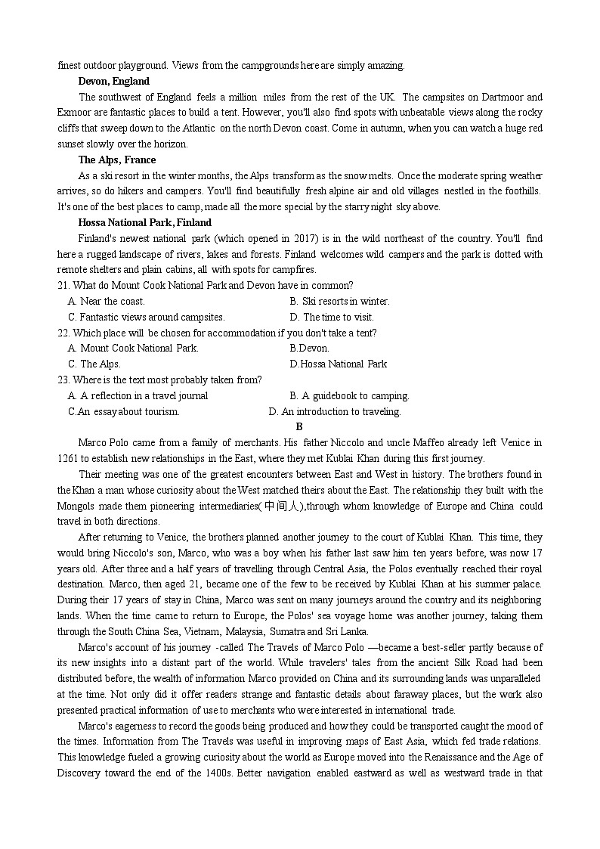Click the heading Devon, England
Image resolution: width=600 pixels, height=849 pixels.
113,81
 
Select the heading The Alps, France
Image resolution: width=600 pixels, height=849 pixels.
117,160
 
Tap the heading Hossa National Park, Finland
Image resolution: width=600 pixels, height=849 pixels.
144,222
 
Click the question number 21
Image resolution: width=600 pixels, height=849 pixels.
63,285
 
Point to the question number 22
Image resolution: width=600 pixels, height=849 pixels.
63,333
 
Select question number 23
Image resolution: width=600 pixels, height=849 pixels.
63,380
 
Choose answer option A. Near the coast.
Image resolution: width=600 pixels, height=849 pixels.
107,301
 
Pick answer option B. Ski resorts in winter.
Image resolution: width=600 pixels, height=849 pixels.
339,301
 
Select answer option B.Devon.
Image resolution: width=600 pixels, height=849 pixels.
309,349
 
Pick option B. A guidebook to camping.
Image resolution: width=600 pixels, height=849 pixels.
349,395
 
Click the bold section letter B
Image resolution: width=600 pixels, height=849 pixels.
300,426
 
